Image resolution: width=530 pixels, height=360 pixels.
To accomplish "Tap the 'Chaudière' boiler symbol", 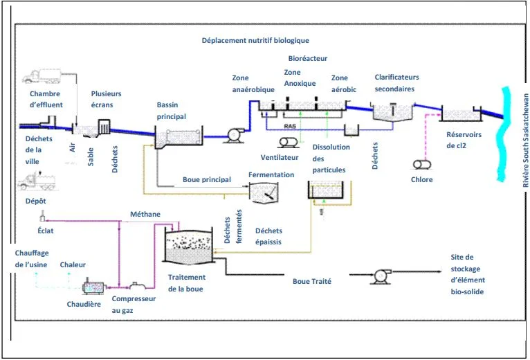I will pos(93,285).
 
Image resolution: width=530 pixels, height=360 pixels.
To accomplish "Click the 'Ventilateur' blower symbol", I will pos(289,143).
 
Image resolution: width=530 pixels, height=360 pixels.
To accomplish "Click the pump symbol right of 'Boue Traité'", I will pos(379,276).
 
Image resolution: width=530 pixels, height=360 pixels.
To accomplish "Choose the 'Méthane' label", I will pos(145,215).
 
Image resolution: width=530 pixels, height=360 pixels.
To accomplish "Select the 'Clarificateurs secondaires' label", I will pos(396,83).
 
